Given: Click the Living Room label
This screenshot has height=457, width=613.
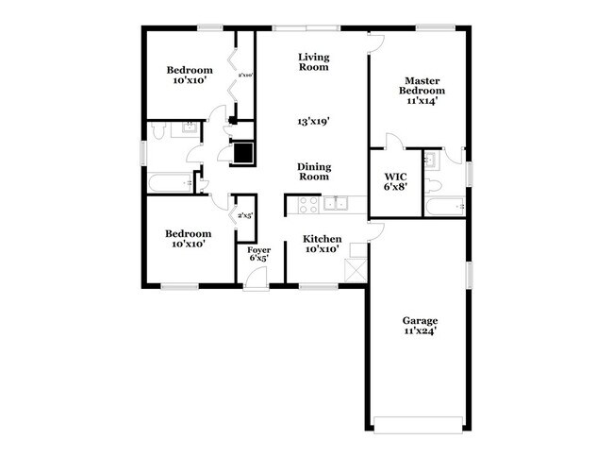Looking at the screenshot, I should point(313,61).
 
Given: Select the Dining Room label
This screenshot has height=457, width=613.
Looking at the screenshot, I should point(313,171).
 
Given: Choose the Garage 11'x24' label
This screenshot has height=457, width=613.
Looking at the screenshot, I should point(418,326).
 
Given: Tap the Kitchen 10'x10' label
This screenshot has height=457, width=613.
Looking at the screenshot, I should point(322,245).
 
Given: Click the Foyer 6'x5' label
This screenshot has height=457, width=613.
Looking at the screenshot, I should point(259,252).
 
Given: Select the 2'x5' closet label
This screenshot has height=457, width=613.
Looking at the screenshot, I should point(244,216).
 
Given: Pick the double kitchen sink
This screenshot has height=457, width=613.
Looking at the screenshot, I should point(336,203).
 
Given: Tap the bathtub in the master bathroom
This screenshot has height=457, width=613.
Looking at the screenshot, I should point(443,207).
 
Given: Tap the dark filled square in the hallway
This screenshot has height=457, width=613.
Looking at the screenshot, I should point(243,153).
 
